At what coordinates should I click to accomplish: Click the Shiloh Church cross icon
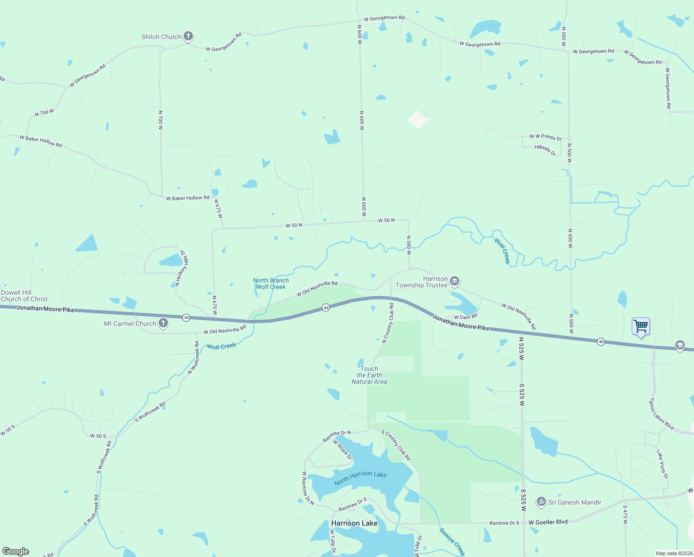[x=188, y=36]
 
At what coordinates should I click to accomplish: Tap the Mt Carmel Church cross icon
[x=163, y=323]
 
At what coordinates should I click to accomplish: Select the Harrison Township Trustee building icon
[x=455, y=281]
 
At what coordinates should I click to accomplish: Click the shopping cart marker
[x=641, y=326]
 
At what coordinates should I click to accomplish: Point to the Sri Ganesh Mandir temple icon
[x=541, y=502]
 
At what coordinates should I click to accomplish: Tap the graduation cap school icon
[x=680, y=345]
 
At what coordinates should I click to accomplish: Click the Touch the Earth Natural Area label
[x=369, y=375]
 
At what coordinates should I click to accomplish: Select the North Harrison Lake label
[x=360, y=478]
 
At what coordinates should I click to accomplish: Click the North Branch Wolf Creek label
[x=271, y=284]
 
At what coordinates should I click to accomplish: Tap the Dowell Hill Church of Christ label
[x=24, y=296]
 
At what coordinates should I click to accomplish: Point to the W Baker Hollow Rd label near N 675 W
[x=188, y=198]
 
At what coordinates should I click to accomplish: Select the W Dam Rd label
[x=465, y=317]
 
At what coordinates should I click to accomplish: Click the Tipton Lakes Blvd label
[x=661, y=414]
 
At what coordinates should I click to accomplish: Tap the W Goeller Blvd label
[x=548, y=522]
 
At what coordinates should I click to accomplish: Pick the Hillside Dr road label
[x=545, y=150]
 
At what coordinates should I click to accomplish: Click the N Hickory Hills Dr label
[x=181, y=268]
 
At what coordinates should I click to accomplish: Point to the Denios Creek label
[x=452, y=542]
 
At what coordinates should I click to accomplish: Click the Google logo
[x=16, y=551]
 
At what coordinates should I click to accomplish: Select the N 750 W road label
[x=45, y=113]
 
